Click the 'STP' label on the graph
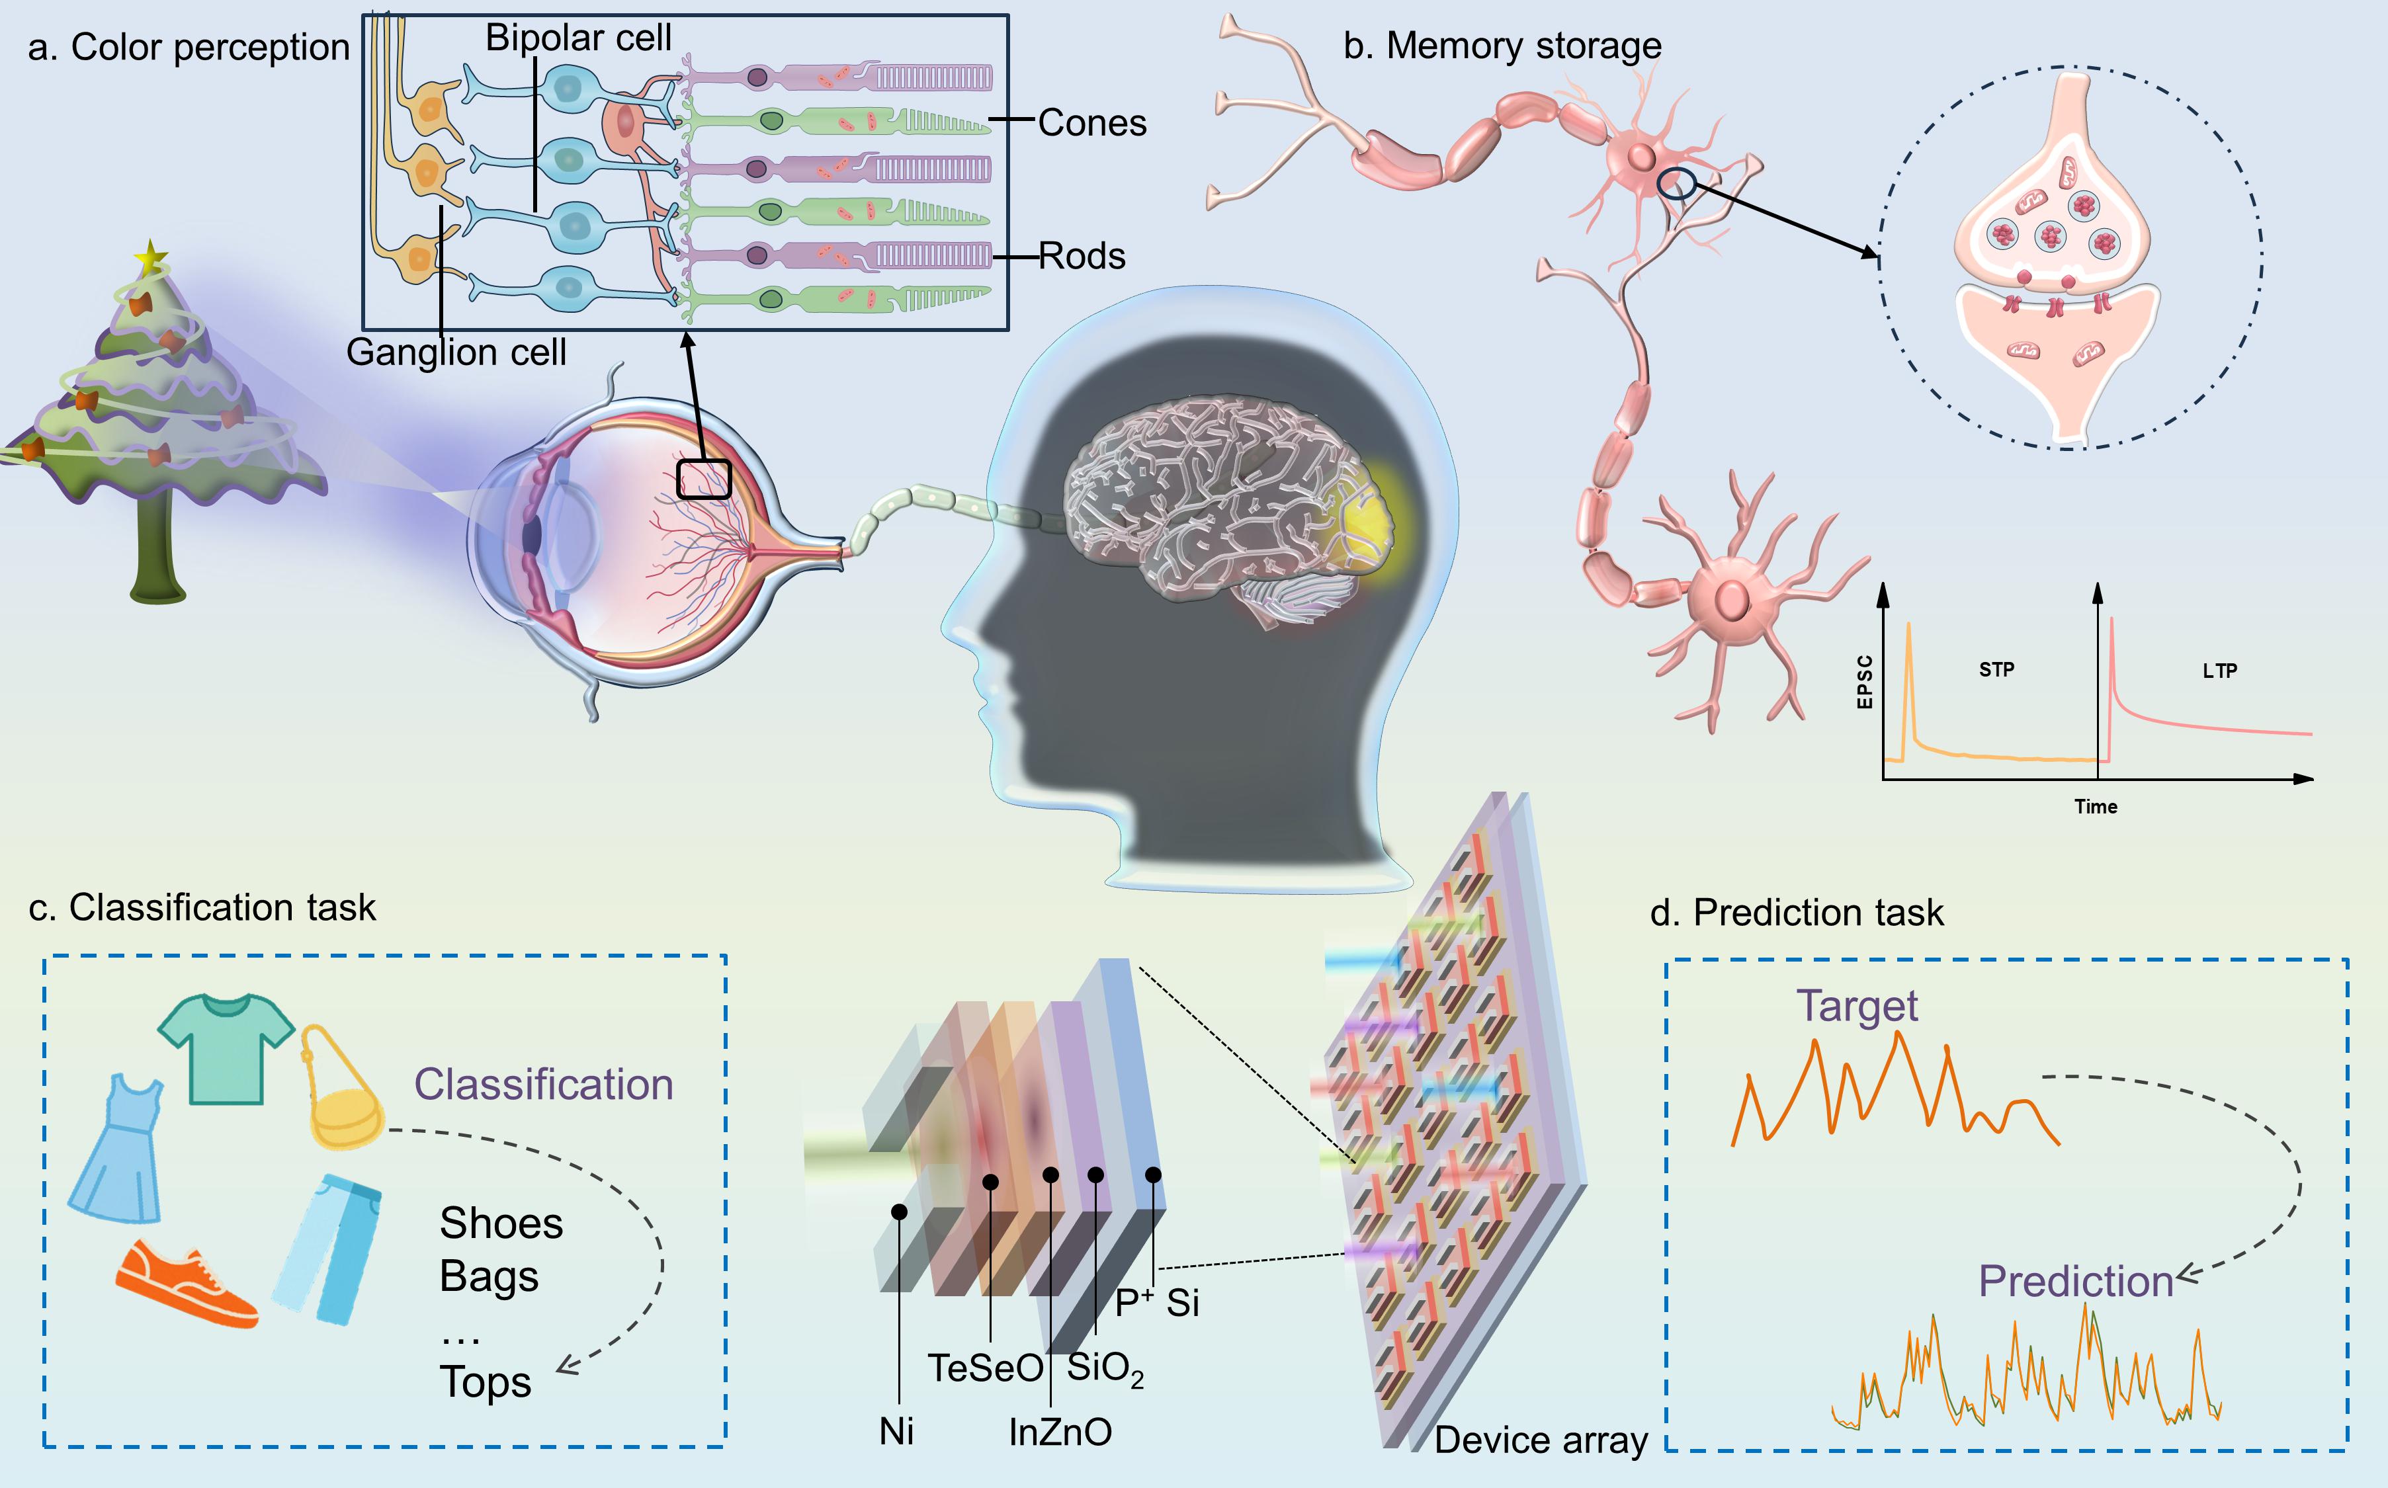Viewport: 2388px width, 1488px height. [x=1996, y=669]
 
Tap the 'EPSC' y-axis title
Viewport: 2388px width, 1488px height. [x=1864, y=681]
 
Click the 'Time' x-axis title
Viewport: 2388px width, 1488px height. [x=2096, y=807]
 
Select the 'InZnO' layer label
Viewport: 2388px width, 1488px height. [x=1060, y=1432]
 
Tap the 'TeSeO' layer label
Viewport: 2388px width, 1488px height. [x=986, y=1368]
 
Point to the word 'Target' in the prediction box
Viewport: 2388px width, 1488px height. [x=1856, y=1006]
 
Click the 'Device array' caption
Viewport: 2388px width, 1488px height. [x=1541, y=1440]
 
